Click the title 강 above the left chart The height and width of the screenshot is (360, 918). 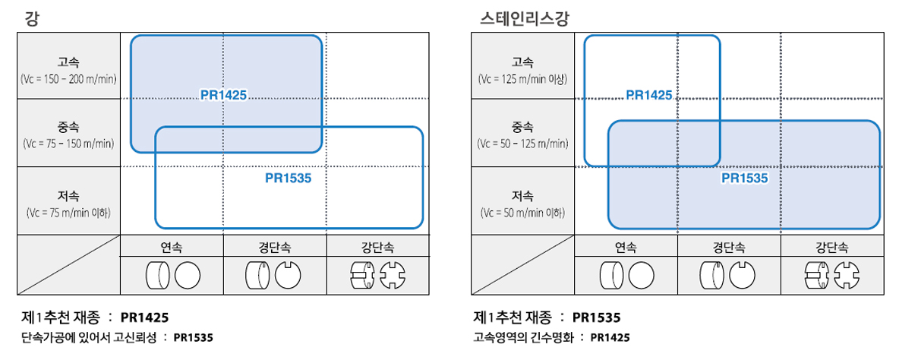(x=32, y=18)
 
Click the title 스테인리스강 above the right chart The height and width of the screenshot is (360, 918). (x=524, y=18)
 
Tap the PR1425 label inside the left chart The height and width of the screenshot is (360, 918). (x=223, y=95)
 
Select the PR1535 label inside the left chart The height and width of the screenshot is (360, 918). (x=288, y=178)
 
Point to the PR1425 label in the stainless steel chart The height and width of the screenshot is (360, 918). (x=649, y=95)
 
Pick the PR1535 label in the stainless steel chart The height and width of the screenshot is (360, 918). (x=745, y=178)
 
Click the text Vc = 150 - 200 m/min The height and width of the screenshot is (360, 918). (x=68, y=79)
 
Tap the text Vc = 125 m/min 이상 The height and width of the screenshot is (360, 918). (x=522, y=79)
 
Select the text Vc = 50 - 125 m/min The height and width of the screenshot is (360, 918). (x=522, y=144)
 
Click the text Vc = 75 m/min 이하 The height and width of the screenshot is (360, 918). (x=68, y=213)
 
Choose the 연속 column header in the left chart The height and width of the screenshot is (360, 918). (x=172, y=248)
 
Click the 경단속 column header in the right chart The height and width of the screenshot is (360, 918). (x=729, y=248)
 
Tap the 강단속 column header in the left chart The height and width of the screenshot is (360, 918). (x=377, y=248)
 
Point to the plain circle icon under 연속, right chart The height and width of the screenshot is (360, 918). (x=642, y=275)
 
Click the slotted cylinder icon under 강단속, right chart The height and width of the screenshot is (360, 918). (x=817, y=275)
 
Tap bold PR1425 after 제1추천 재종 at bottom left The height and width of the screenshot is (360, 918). (x=144, y=317)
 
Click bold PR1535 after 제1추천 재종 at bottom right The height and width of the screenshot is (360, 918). (x=596, y=317)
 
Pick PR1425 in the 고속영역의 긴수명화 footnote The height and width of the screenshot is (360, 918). (x=610, y=337)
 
